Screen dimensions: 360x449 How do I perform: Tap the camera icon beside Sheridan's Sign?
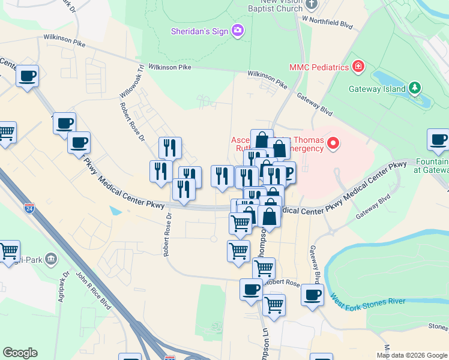click(x=238, y=30)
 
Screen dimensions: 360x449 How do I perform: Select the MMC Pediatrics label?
click(x=319, y=67)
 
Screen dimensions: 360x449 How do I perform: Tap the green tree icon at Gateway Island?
click(x=414, y=88)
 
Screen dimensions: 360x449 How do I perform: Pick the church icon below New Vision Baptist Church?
click(x=311, y=5)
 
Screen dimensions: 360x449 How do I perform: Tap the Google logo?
click(x=20, y=353)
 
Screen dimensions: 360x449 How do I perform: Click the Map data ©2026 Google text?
click(x=412, y=355)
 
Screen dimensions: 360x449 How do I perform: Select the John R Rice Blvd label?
click(x=93, y=291)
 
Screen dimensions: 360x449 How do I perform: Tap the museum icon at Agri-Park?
click(x=50, y=259)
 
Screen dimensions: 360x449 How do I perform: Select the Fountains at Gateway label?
click(x=431, y=166)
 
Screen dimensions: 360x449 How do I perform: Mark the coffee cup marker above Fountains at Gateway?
click(x=438, y=140)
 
